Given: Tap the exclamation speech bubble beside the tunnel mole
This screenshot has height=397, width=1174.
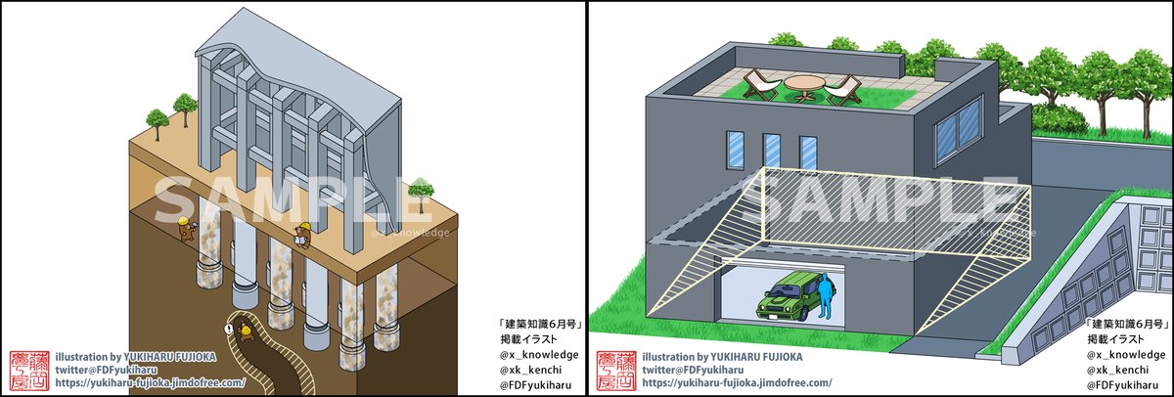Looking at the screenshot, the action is [x=229, y=330].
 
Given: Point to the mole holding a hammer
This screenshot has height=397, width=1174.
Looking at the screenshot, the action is [x=185, y=229].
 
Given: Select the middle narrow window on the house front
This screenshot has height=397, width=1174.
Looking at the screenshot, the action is [x=772, y=151].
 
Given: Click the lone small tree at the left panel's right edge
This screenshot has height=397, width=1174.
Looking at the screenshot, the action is [x=422, y=190].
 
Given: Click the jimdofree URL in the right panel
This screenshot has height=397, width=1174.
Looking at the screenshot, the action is [x=737, y=383].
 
